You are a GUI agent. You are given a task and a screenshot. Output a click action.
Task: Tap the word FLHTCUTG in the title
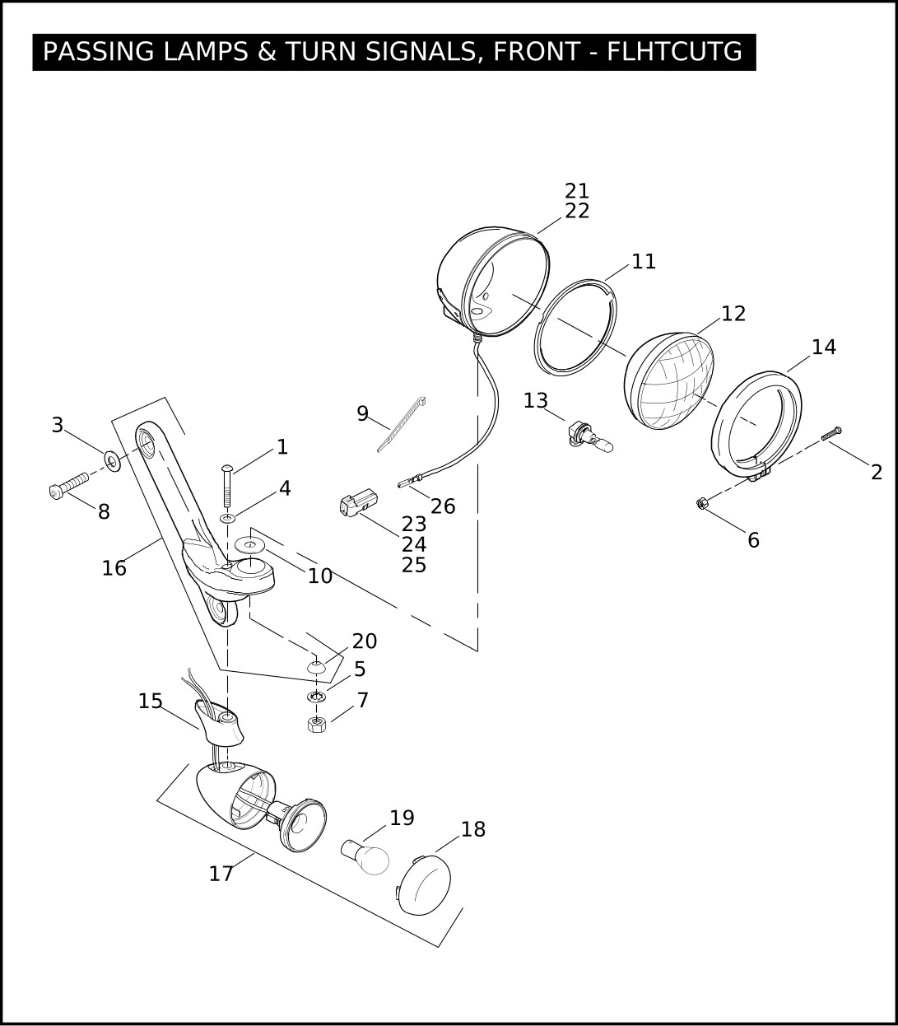click(x=674, y=51)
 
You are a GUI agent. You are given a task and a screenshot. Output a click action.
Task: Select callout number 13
click(x=536, y=401)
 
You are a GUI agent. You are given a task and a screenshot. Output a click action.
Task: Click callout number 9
click(x=362, y=413)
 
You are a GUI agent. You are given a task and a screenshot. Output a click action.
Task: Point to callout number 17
click(x=221, y=874)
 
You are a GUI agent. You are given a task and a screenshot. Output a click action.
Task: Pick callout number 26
click(x=443, y=506)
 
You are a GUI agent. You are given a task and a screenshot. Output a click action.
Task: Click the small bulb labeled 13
click(x=590, y=436)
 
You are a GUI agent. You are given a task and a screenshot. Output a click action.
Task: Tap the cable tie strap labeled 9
click(x=402, y=424)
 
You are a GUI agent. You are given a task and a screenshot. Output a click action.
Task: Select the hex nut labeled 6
click(x=702, y=503)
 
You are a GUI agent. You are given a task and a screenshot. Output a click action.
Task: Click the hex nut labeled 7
click(x=317, y=724)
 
